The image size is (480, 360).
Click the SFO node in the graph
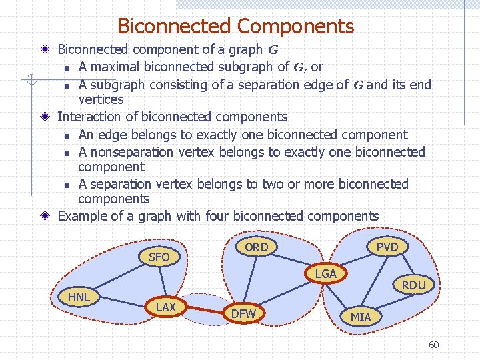(x=159, y=257)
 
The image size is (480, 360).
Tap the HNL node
(x=79, y=296)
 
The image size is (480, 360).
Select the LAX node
(x=166, y=307)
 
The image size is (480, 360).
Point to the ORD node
(x=256, y=247)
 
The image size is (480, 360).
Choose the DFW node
(x=243, y=313)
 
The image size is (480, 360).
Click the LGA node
(x=325, y=273)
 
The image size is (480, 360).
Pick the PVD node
(x=387, y=247)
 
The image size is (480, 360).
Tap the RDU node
(x=413, y=285)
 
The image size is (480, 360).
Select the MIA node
(x=361, y=317)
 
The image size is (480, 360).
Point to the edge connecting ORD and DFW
(x=250, y=280)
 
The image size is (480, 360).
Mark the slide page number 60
(x=433, y=345)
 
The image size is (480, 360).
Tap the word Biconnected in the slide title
(x=174, y=27)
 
